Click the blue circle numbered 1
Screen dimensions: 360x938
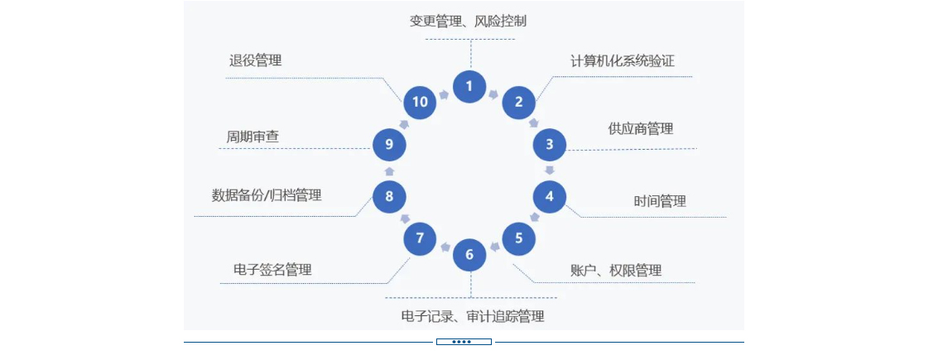469,85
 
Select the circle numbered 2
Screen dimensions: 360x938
519,103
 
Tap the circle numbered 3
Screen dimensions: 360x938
549,144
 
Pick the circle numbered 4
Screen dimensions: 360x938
549,196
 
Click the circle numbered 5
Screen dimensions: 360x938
519,238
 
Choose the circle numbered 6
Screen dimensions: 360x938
469,254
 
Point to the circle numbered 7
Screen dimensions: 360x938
420,238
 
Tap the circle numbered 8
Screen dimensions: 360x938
389,196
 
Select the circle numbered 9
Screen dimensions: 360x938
389,144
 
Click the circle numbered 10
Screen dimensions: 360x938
420,103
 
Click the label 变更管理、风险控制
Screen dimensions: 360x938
468,22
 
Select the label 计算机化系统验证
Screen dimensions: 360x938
616,61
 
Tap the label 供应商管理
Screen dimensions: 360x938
640,129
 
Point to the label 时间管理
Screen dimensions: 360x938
660,201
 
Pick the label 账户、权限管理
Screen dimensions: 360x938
616,271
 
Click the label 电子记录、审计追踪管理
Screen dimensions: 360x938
472,316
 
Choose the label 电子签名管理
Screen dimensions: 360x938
272,271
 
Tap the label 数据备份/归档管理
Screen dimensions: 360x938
267,196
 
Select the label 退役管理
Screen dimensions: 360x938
255,60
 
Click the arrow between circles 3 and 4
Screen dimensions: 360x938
549,170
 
